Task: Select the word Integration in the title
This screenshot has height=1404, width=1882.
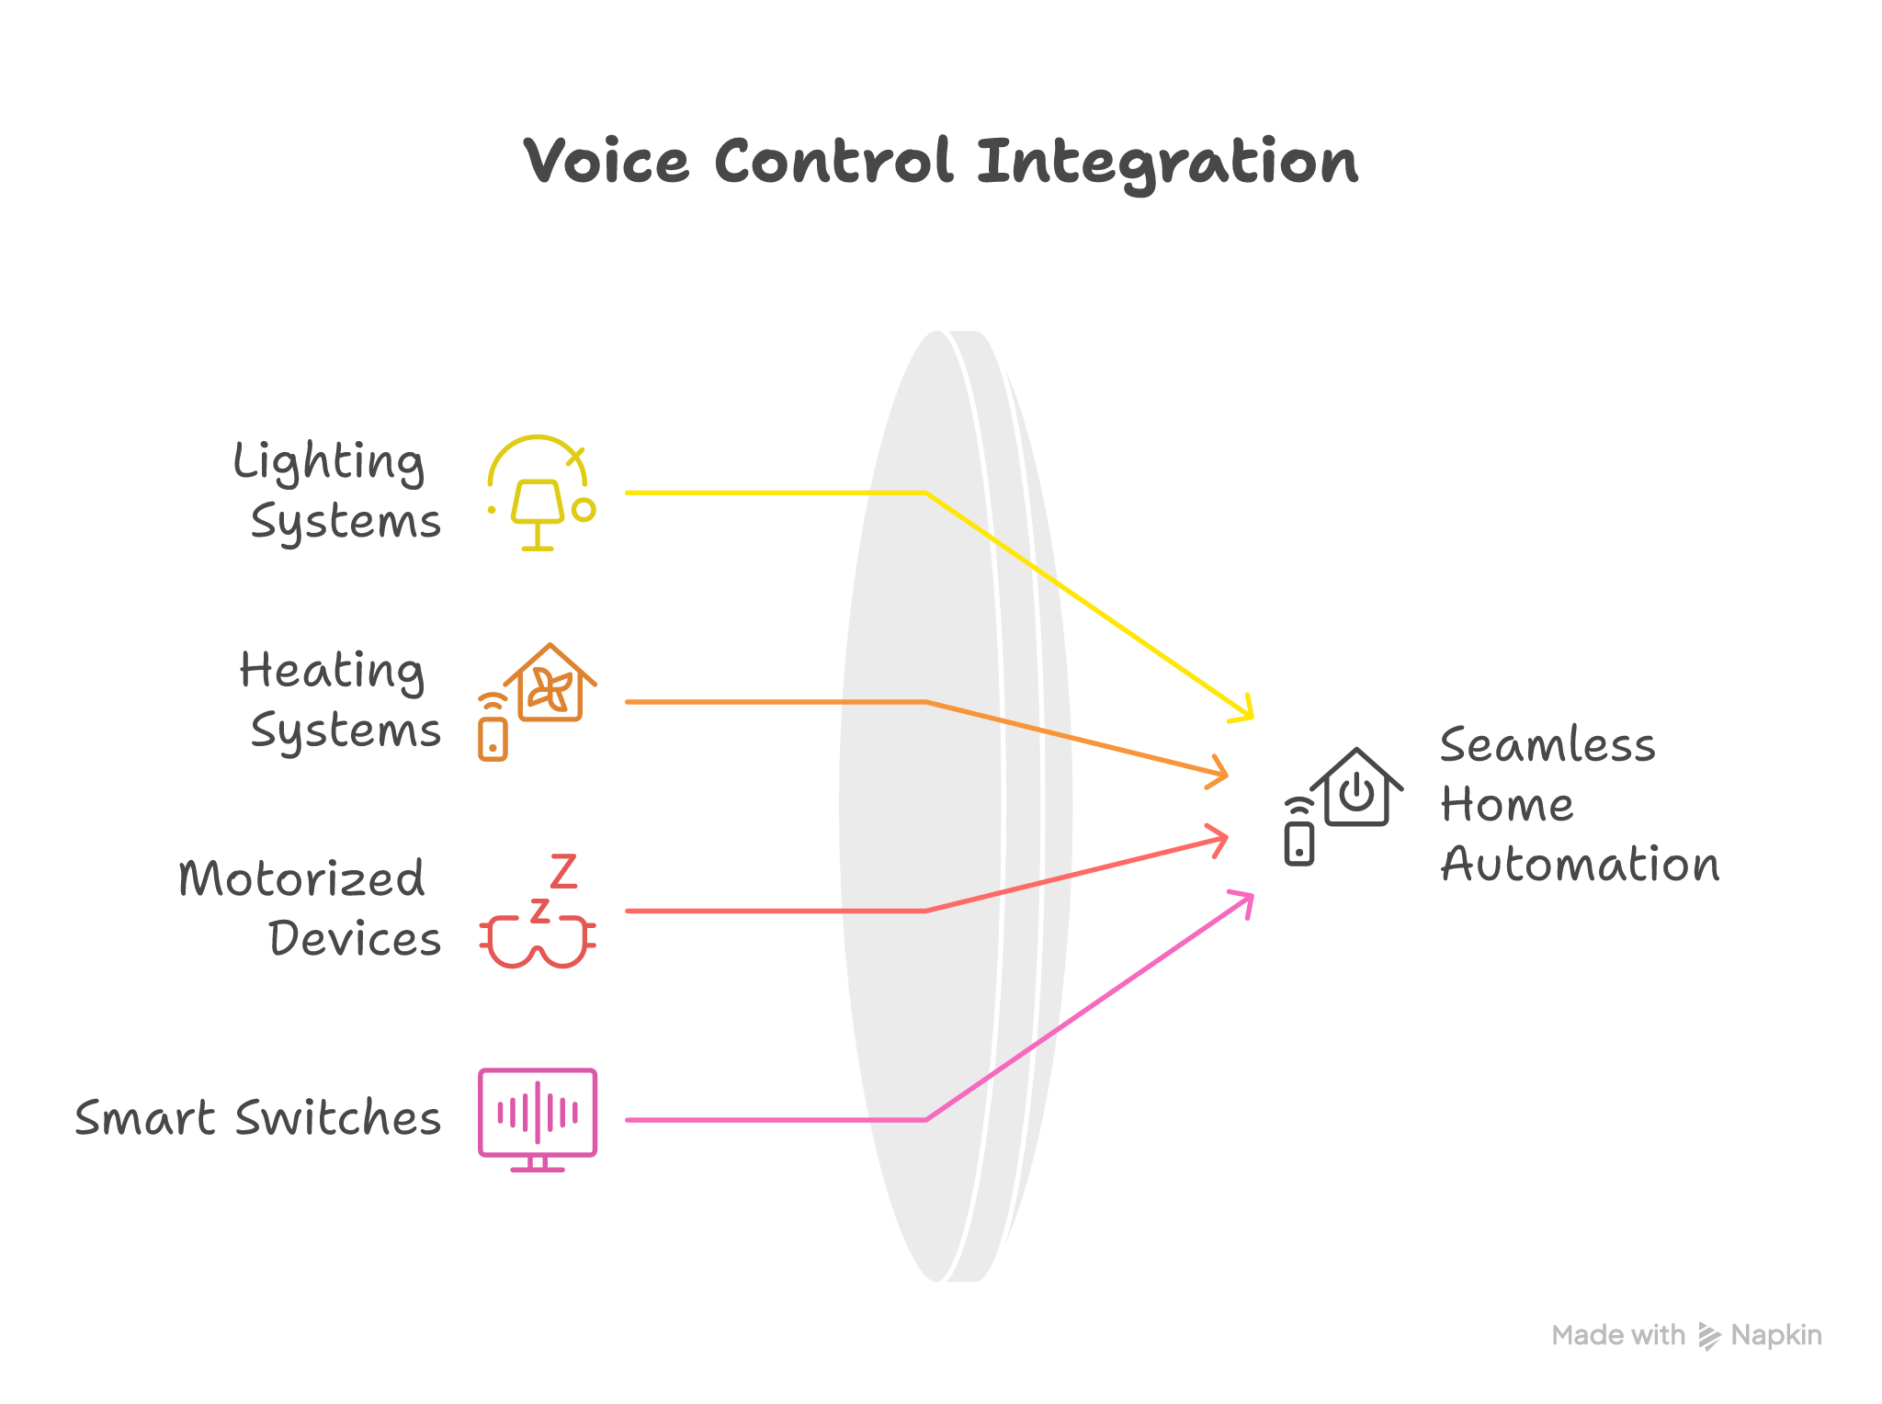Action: pos(1167,164)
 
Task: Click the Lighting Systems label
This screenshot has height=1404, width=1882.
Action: pos(336,492)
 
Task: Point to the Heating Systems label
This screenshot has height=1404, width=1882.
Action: pos(340,700)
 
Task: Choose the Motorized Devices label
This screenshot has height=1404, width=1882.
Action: pos(310,908)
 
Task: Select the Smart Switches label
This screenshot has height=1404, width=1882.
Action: pos(258,1118)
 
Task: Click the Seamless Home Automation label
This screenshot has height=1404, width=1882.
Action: pos(1579,804)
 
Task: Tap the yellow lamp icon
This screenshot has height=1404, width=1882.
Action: pos(541,493)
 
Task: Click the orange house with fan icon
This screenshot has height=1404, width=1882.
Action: pos(538,701)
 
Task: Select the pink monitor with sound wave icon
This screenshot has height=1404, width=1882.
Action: pos(538,1119)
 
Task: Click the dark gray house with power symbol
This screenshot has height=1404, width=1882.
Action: pos(1343,806)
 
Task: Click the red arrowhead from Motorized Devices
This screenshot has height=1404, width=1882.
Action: pos(1219,839)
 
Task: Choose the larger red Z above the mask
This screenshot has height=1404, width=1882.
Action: pos(563,871)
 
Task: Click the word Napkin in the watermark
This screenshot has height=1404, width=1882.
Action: pos(1776,1335)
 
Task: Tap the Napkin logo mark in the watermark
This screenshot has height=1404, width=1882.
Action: pos(1708,1337)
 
